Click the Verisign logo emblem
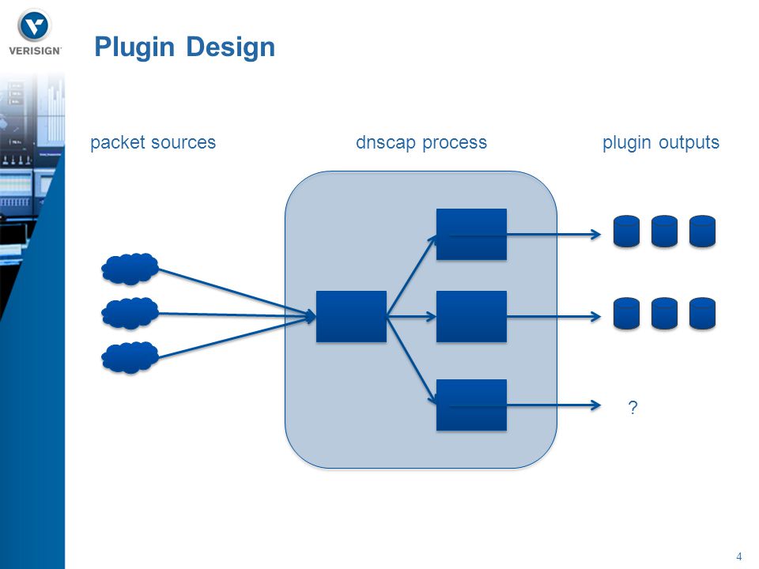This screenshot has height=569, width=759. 35,26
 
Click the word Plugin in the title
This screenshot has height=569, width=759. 134,47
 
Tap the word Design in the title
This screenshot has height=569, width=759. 230,47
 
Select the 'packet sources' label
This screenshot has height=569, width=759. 153,142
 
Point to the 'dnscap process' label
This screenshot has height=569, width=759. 421,142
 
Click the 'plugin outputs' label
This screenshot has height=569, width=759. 661,142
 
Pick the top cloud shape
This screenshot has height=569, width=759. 130,269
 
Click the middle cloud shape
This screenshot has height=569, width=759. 130,313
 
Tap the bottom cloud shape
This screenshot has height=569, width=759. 130,357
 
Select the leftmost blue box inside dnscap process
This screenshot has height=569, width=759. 351,316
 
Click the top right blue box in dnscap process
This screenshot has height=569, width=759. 471,235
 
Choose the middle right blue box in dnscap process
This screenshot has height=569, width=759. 471,316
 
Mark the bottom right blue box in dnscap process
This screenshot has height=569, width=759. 471,405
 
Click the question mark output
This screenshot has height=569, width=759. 632,408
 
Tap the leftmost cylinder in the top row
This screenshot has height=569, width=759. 626,232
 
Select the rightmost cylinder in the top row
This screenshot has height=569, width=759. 702,232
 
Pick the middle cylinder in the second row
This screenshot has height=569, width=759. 665,314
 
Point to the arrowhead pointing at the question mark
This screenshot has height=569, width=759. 596,405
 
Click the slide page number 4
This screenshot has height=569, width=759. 738,556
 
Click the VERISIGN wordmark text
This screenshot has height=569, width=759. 35,51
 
